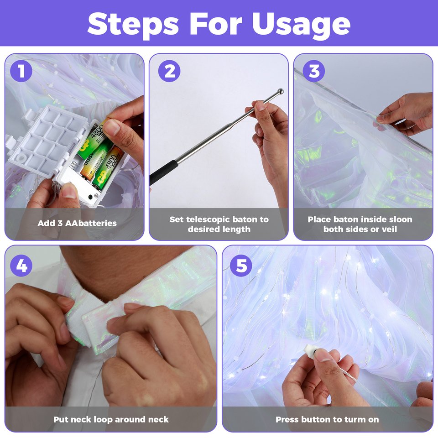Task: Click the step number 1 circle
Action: point(21,71)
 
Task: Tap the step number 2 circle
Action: point(169,71)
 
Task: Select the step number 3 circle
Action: point(314,71)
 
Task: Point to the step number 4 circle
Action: point(21,266)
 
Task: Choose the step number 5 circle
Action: point(241,266)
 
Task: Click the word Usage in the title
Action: point(301,25)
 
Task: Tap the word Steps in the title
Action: point(133,25)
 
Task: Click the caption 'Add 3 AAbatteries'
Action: point(77,223)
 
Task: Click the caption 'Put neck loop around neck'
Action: point(111,419)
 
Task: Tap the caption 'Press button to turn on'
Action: point(327,419)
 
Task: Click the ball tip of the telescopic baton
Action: point(280,91)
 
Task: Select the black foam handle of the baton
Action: point(164,172)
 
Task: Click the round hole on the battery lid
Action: point(20,159)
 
